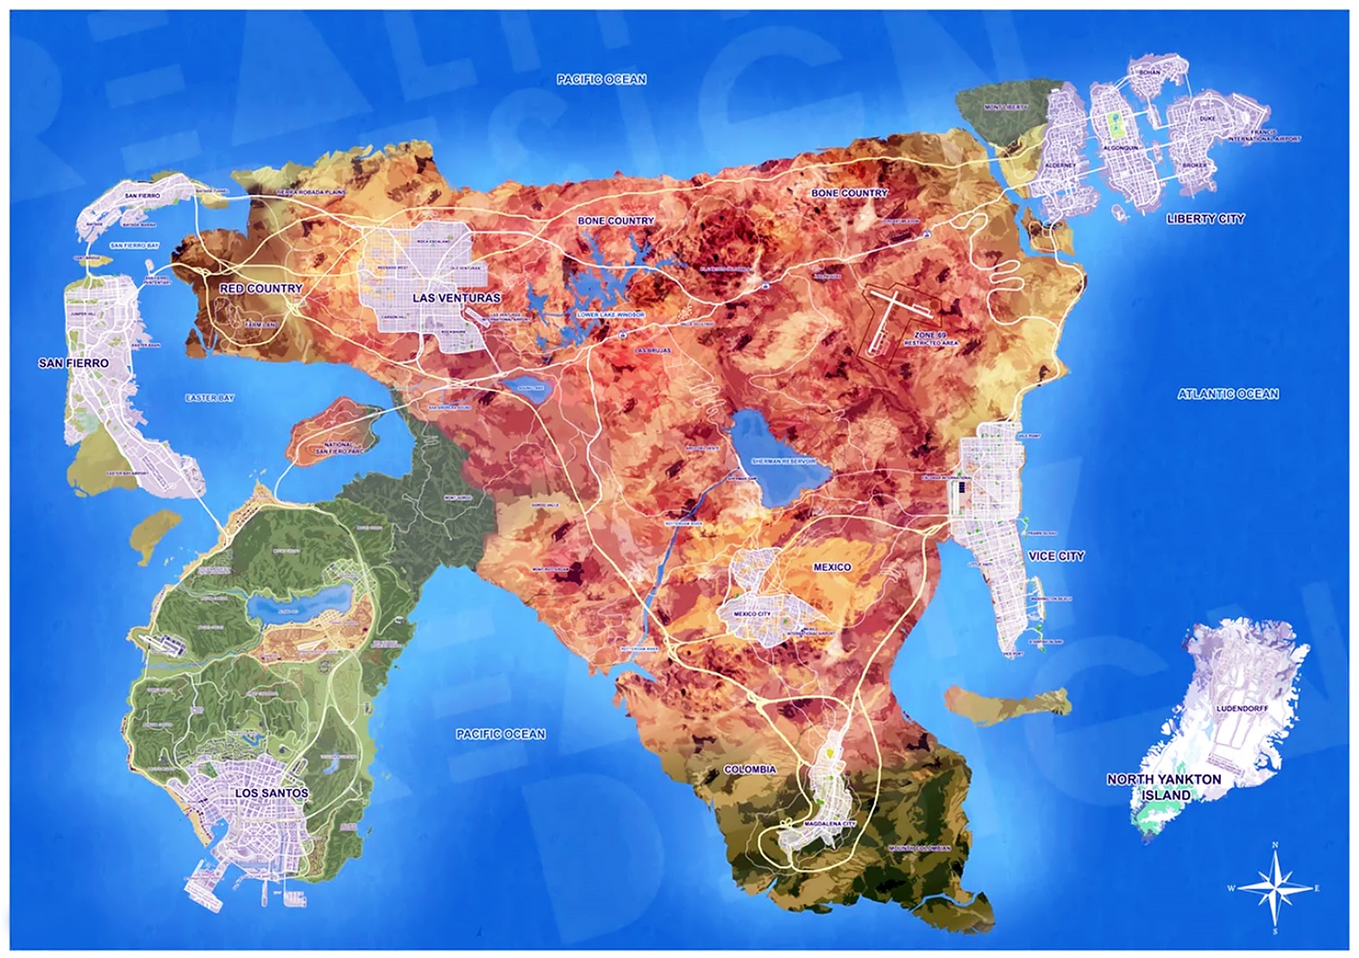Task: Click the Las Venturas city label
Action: [456, 298]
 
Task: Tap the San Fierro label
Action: [73, 363]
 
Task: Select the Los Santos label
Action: [271, 792]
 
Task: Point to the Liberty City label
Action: [1205, 219]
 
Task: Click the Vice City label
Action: [1055, 556]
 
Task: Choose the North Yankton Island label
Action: [1164, 786]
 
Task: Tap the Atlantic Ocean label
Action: [1227, 394]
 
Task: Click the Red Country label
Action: [261, 288]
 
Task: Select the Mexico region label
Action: [832, 567]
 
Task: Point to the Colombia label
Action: [750, 769]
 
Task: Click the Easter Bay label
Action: [210, 398]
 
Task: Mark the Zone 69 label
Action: [930, 335]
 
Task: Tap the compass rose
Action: [1274, 888]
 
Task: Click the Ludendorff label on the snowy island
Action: [1242, 709]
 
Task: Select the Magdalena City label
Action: [829, 824]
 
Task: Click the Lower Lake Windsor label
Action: [611, 315]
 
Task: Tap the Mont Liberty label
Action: [1005, 108]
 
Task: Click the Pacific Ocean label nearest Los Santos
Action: [500, 734]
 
